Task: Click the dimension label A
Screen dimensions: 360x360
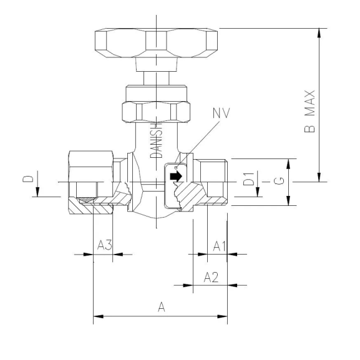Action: (x=161, y=307)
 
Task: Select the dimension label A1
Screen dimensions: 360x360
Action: (x=218, y=245)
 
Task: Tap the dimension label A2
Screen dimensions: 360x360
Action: (x=213, y=277)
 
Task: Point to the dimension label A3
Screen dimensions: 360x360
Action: (x=104, y=245)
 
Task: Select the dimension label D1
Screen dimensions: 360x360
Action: (x=248, y=182)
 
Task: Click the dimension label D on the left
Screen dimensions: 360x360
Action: (x=27, y=180)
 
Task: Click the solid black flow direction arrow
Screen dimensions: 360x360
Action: (x=177, y=178)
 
